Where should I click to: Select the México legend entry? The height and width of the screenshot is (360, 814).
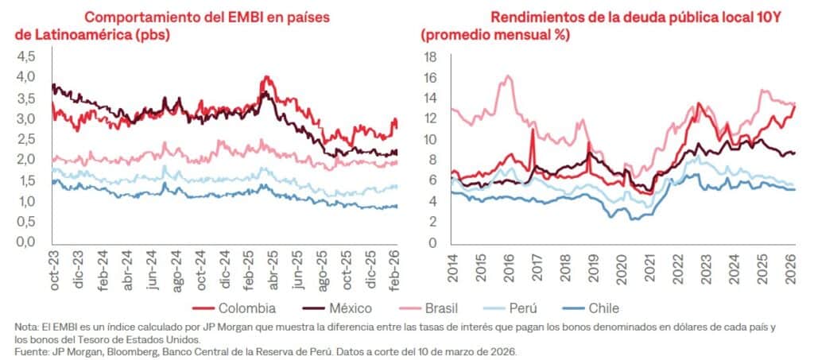tap(354, 308)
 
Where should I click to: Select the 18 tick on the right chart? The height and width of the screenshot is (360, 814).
tap(431, 56)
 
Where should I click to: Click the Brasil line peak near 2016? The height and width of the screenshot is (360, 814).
tap(507, 76)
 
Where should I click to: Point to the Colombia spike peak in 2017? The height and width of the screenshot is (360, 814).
tap(532, 130)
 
